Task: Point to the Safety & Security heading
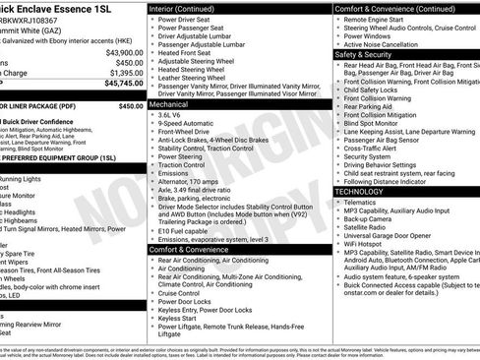click(x=363, y=55)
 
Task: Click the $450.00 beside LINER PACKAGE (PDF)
click(x=130, y=105)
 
